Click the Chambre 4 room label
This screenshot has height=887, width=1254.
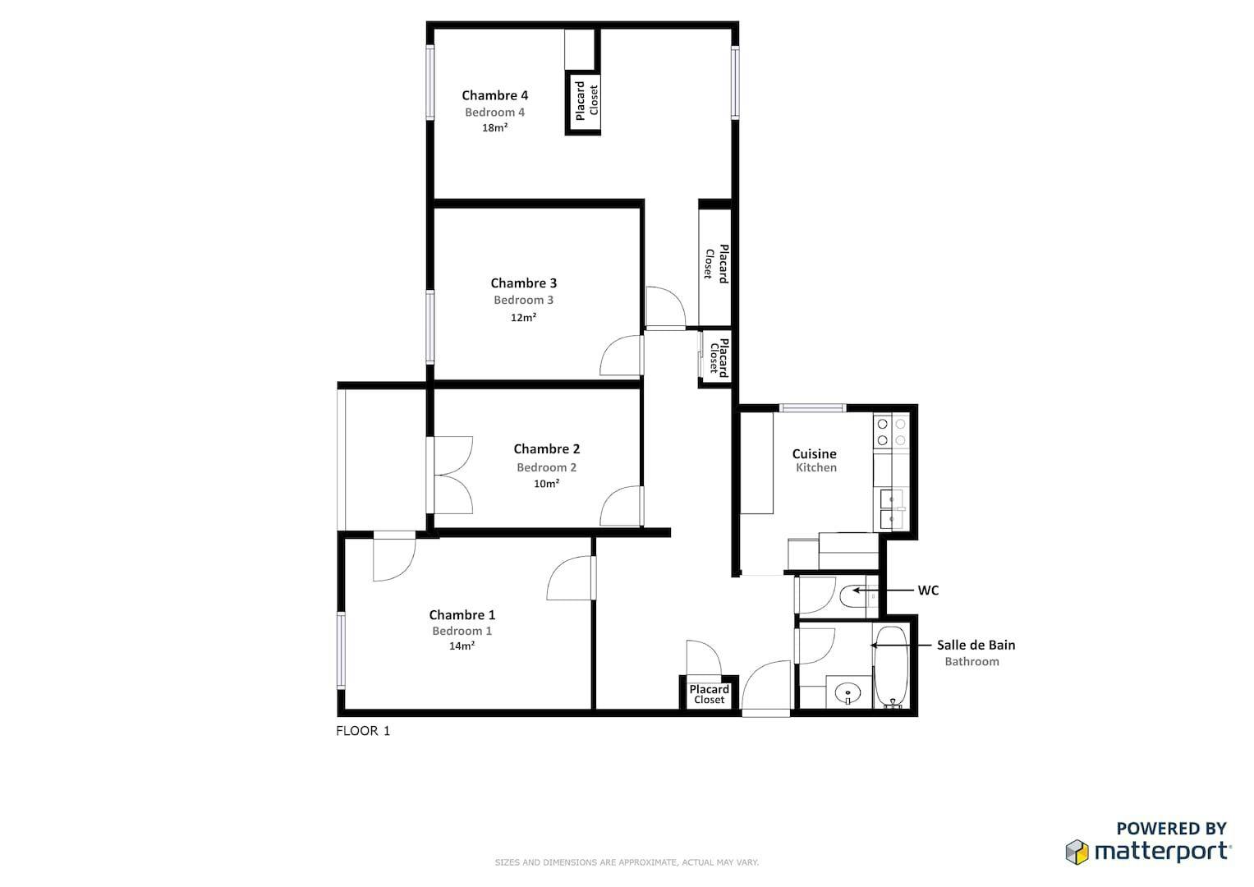click(494, 95)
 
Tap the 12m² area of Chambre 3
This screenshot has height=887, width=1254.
click(523, 318)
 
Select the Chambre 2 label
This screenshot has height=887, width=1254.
click(546, 448)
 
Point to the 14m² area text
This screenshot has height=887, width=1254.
click(462, 646)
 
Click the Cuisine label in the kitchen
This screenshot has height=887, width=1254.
click(814, 453)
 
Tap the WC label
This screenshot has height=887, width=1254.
click(928, 591)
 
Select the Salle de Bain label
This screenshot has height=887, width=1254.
click(976, 645)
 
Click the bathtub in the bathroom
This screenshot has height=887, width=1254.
click(890, 667)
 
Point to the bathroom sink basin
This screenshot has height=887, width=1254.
click(847, 693)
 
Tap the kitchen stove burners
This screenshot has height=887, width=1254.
click(891, 432)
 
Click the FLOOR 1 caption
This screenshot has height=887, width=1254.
click(363, 731)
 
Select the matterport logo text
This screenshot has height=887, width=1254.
click(1162, 852)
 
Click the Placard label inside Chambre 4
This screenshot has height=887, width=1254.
click(580, 101)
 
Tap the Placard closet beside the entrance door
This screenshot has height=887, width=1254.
click(709, 694)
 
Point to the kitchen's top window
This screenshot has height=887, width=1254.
click(812, 407)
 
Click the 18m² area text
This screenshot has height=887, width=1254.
click(495, 127)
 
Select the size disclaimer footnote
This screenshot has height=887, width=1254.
click(627, 862)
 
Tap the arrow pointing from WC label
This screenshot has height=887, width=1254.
click(882, 591)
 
